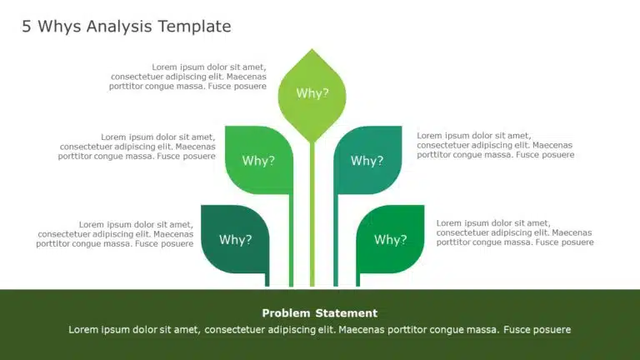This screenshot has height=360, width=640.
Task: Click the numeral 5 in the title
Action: click(x=26, y=27)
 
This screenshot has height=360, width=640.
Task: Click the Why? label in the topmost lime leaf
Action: click(x=312, y=93)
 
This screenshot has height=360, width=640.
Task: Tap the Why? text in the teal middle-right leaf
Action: click(x=367, y=161)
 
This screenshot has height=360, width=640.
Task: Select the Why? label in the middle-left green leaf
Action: click(x=258, y=161)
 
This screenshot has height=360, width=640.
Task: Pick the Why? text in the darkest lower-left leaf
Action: click(x=235, y=240)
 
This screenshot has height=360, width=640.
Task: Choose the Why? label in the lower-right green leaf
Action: click(x=390, y=240)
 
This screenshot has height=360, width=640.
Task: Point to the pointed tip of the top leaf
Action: click(x=312, y=51)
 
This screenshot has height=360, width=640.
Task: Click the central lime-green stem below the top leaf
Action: click(x=312, y=217)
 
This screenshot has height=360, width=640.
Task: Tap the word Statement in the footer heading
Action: click(x=347, y=313)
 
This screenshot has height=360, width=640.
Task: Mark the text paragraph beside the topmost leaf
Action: click(x=188, y=76)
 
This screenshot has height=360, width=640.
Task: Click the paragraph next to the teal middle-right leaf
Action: click(x=495, y=145)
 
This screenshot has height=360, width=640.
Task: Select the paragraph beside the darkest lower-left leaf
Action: click(x=115, y=234)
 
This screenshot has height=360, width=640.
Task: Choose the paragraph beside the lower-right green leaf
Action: click(x=515, y=232)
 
